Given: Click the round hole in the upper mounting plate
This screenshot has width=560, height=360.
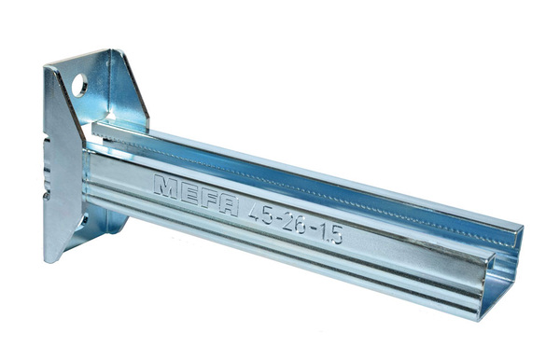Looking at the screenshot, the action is [x=79, y=85].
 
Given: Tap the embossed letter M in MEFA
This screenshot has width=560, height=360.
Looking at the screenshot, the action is [x=165, y=187].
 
